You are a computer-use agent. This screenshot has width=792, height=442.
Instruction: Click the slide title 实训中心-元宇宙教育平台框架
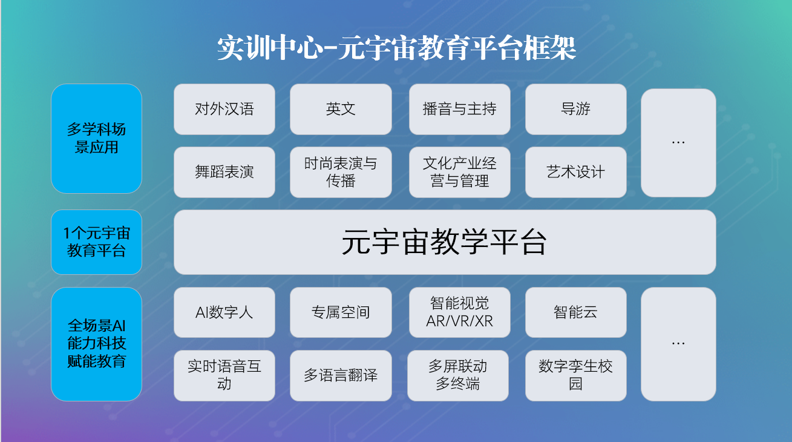[x=397, y=48]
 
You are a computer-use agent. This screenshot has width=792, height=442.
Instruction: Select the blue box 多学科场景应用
[x=97, y=139]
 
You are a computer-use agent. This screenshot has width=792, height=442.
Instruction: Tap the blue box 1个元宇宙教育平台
[x=97, y=242]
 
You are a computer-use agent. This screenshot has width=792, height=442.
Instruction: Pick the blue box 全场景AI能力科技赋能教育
[x=97, y=344]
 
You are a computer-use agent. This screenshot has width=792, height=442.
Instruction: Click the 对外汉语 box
[x=224, y=109]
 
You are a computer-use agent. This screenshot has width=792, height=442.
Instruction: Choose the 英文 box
[x=341, y=109]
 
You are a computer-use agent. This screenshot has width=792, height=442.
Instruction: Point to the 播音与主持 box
[x=460, y=109]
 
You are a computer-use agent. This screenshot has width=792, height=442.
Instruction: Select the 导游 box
[x=575, y=109]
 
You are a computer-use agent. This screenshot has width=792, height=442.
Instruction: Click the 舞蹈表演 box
[x=224, y=172]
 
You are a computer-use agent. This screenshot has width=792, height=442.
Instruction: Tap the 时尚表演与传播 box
[x=341, y=172]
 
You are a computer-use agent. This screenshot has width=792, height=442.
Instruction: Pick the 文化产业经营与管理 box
[x=460, y=172]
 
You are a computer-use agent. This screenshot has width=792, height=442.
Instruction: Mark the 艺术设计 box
[x=575, y=172]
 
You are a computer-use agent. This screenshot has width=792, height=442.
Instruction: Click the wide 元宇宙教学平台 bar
[x=445, y=242]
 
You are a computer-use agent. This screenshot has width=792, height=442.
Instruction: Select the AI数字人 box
[x=224, y=312]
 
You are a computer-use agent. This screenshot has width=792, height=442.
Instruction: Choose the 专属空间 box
[x=341, y=312]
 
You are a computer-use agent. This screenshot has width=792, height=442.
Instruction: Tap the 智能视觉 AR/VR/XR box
[x=460, y=312]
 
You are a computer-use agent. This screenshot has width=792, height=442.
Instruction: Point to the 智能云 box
[x=575, y=312]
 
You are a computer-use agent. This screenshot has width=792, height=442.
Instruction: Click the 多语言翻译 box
[x=341, y=375]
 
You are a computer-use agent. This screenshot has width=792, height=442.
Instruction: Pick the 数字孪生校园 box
[x=575, y=375]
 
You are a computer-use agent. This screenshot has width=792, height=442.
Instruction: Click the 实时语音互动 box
[x=224, y=375]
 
